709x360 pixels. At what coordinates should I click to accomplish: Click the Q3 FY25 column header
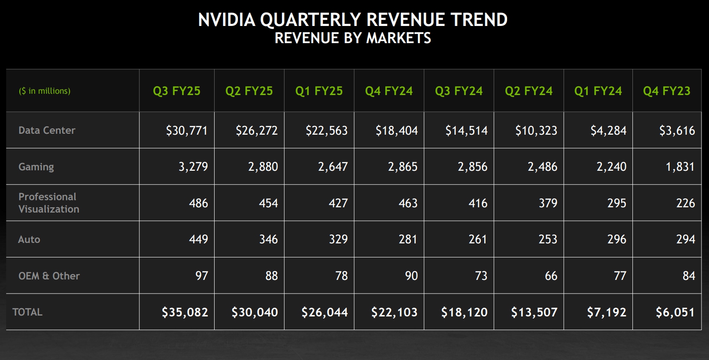click(176, 91)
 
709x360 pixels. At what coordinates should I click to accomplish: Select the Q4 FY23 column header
click(666, 91)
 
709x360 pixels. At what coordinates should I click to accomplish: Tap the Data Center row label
click(47, 130)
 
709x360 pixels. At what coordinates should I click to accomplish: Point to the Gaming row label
click(36, 167)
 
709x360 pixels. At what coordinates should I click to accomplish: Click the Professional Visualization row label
click(48, 203)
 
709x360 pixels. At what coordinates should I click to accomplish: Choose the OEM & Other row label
click(49, 276)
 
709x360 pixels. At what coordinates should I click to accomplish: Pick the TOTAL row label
click(27, 312)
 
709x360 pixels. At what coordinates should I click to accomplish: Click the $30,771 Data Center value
click(186, 131)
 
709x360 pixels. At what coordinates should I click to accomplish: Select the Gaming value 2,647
click(333, 167)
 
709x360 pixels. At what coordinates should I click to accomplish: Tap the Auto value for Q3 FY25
click(198, 239)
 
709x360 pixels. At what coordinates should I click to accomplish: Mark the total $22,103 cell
click(394, 312)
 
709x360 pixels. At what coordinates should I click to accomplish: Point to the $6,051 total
click(675, 312)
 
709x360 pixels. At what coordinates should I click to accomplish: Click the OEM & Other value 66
click(551, 276)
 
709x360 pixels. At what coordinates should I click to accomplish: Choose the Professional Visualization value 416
click(478, 203)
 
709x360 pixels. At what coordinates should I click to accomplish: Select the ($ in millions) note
click(44, 91)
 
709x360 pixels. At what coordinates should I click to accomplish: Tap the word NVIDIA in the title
click(227, 20)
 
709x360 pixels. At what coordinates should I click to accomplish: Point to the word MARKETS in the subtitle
click(398, 38)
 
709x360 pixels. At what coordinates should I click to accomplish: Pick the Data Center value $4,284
click(608, 131)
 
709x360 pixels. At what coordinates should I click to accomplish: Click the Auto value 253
click(548, 239)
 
